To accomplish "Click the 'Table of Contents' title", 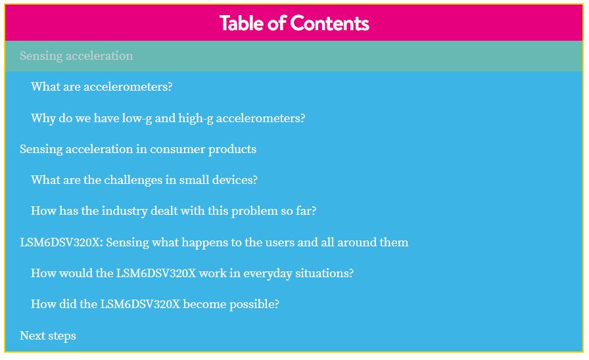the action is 294,23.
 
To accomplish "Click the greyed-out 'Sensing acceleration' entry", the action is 76,56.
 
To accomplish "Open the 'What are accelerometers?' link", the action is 102,86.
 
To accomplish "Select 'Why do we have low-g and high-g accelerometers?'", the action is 168,118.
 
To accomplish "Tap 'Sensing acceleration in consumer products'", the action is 138,149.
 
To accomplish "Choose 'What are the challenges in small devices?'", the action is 144,180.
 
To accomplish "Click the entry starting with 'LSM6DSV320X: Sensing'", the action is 214,242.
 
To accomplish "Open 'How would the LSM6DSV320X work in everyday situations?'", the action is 193,273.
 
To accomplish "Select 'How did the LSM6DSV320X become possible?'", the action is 155,304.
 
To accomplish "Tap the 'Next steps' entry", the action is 48,336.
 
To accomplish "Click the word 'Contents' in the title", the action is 330,23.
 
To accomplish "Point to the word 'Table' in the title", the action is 241,23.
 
